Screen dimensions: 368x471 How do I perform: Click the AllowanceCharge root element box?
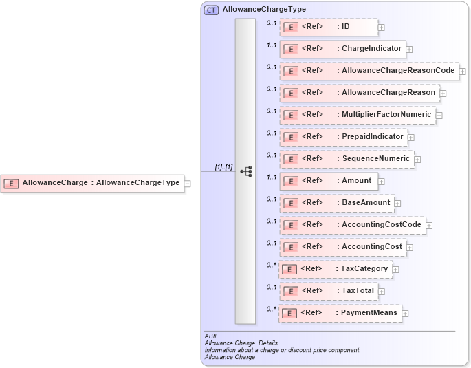[92, 183]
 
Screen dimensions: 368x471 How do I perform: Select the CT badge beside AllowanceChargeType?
[211, 10]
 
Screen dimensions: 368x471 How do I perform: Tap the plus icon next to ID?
[382, 28]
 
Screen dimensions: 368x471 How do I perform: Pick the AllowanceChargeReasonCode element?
[369, 71]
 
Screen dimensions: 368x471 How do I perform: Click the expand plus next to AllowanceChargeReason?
[443, 93]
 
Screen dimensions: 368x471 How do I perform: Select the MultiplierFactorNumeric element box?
[357, 115]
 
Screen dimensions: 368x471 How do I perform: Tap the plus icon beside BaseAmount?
[397, 204]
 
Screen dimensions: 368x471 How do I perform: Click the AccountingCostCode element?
[352, 225]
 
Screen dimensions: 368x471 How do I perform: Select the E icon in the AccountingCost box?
[290, 247]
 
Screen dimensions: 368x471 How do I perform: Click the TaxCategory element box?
[336, 269]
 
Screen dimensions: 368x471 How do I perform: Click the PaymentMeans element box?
[340, 313]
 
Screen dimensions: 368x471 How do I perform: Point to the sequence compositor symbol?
[245, 171]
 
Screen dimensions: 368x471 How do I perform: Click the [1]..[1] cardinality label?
[223, 166]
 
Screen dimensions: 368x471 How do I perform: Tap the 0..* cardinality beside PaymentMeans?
[271, 309]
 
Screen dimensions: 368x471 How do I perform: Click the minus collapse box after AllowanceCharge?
[188, 183]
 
